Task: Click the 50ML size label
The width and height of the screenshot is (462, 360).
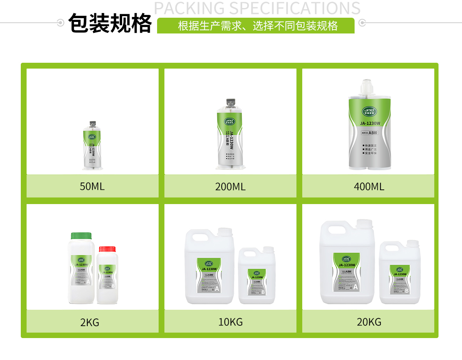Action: pyautogui.click(x=92, y=187)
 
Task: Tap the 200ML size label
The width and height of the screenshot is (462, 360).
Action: pyautogui.click(x=230, y=187)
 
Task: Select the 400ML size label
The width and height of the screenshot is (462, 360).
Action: pyautogui.click(x=369, y=187)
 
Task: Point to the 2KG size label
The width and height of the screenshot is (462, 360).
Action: pyautogui.click(x=90, y=322)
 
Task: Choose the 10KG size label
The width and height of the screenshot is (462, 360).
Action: pyautogui.click(x=230, y=322)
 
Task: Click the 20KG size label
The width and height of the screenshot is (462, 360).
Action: pyautogui.click(x=369, y=322)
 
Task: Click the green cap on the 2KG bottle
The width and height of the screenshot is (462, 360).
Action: pyautogui.click(x=81, y=235)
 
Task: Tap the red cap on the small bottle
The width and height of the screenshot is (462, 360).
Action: pyautogui.click(x=107, y=249)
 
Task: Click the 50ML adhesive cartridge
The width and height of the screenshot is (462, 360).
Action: pyautogui.click(x=93, y=146)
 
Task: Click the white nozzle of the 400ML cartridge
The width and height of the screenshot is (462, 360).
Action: pyautogui.click(x=366, y=87)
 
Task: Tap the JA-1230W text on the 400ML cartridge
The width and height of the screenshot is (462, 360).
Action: pyautogui.click(x=370, y=124)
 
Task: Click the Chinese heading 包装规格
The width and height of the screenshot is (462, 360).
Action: pyautogui.click(x=110, y=24)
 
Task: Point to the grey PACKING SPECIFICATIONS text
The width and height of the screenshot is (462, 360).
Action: pyautogui.click(x=257, y=8)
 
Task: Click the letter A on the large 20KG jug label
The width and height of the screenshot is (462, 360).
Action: pyautogui.click(x=355, y=287)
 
